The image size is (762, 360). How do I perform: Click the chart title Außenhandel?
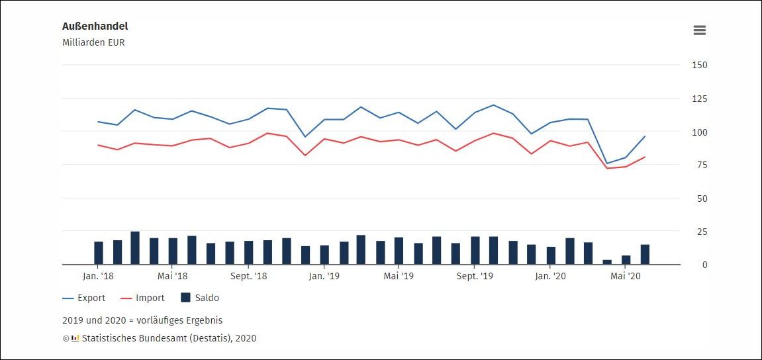tap(95, 26)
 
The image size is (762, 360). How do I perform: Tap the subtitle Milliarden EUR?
tap(93, 43)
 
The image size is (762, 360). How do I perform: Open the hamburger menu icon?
tap(699, 30)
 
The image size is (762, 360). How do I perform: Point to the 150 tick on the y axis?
tap(700, 65)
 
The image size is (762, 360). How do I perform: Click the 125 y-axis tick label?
tap(700, 99)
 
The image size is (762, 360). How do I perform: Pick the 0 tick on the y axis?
tap(705, 265)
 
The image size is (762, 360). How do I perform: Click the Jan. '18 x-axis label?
tap(98, 276)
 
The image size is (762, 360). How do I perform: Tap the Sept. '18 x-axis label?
tap(249, 276)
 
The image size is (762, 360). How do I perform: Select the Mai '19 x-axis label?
tap(399, 276)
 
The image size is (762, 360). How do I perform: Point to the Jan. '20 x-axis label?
tap(551, 276)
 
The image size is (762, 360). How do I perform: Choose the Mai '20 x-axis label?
tap(626, 276)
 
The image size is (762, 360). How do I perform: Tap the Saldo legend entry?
tap(200, 298)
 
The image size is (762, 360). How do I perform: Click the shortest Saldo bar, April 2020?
tap(607, 262)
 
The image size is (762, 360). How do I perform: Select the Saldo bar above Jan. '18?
tap(99, 253)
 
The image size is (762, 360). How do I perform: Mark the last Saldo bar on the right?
tap(645, 255)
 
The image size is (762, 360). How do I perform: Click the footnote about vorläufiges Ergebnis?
tap(142, 320)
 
